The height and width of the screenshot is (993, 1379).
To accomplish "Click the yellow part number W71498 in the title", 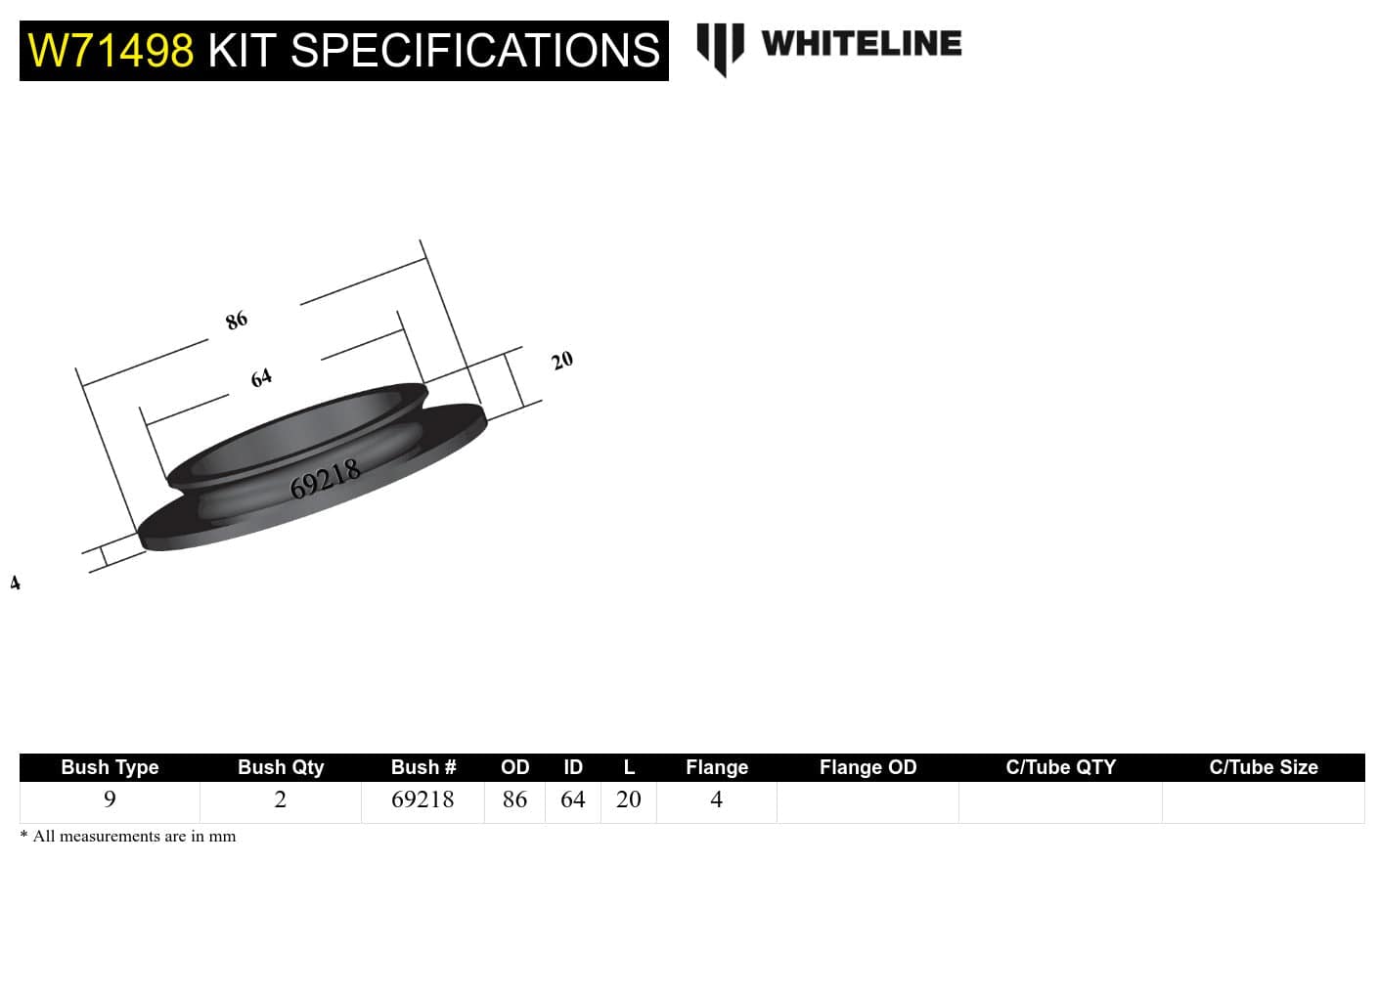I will (111, 51).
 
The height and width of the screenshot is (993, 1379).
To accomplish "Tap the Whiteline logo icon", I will (720, 48).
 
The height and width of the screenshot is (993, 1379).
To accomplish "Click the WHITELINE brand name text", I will (861, 44).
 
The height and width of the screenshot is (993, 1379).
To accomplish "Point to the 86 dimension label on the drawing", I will (237, 320).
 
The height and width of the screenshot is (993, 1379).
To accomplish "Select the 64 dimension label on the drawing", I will (261, 377).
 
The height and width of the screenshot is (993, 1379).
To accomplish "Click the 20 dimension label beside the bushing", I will (562, 361).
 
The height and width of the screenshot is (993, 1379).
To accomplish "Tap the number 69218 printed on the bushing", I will (326, 479).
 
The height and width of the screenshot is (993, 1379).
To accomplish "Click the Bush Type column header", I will (110, 767).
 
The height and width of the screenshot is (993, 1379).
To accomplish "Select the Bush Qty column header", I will (281, 767).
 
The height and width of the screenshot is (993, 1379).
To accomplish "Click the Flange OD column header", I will (867, 767).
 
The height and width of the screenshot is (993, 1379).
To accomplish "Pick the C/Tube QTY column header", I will (1060, 767).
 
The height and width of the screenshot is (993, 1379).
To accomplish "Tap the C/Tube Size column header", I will (1263, 767).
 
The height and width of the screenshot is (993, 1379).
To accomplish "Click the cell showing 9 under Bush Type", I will (110, 799).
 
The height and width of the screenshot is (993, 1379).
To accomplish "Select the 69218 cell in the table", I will (423, 799).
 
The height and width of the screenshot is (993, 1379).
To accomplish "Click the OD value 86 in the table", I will (514, 799).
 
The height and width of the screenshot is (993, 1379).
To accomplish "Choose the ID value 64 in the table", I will (572, 799).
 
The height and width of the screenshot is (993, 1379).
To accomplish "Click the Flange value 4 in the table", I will (716, 799).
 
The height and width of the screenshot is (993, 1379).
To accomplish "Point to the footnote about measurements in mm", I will (128, 837).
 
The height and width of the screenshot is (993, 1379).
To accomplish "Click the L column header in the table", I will (629, 767).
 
